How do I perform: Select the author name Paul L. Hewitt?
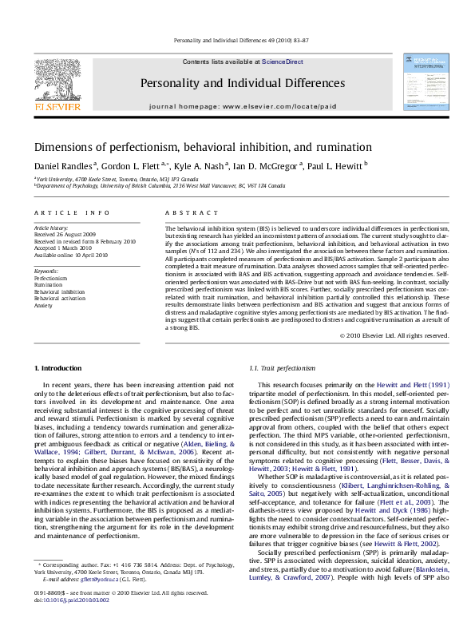[x=335, y=166]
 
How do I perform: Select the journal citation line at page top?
[x=237, y=39]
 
